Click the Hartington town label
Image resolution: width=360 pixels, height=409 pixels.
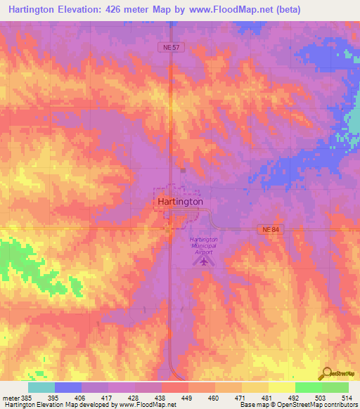(x=180, y=201)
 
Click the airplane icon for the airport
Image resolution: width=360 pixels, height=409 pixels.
(x=204, y=261)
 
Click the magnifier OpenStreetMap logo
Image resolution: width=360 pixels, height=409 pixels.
(x=328, y=373)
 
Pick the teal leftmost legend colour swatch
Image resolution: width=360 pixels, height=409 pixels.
(x=41, y=387)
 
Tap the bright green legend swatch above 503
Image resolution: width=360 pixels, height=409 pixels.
(x=309, y=387)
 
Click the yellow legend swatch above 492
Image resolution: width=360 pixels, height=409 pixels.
(x=282, y=387)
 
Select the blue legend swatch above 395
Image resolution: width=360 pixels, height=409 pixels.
(x=68, y=387)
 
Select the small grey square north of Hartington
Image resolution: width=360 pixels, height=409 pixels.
(x=182, y=169)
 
